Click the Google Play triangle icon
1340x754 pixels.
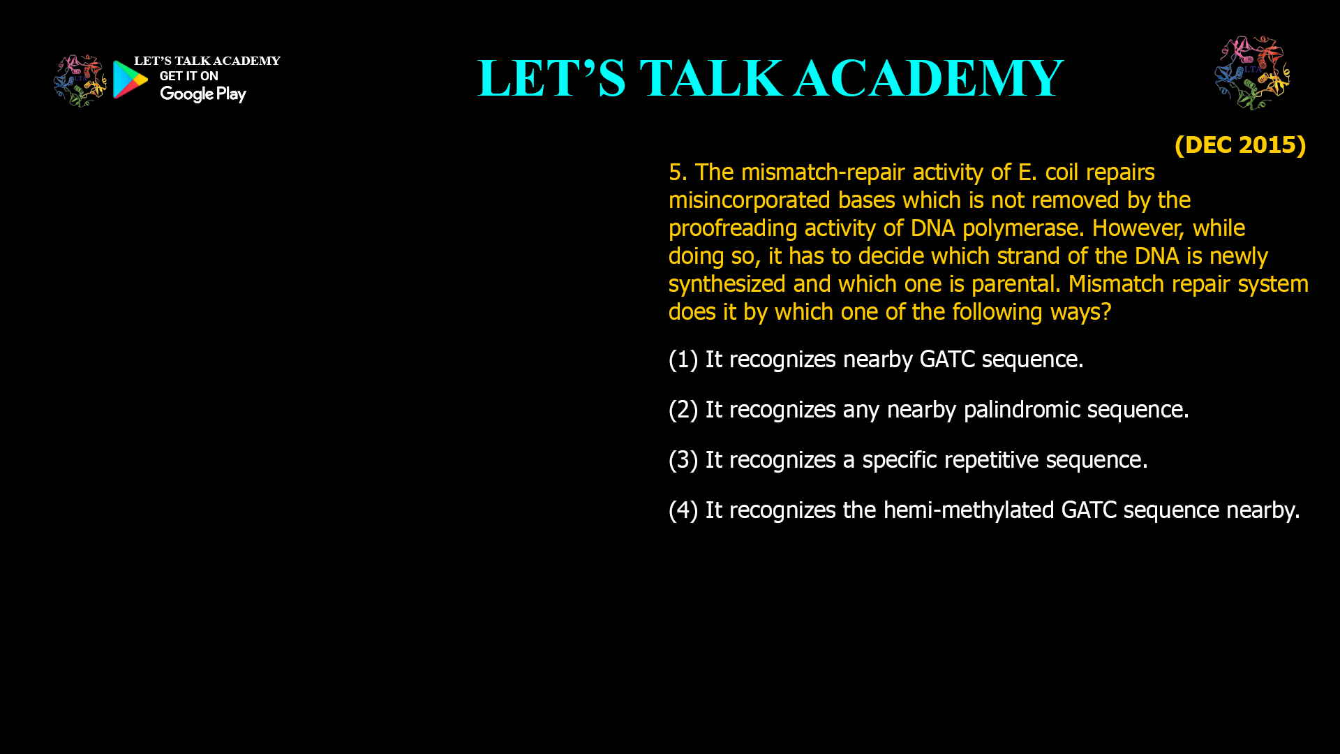coord(130,80)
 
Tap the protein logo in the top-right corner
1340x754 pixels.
coord(1252,73)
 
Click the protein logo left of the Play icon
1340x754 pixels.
coord(80,81)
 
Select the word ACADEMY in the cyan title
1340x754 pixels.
coord(928,78)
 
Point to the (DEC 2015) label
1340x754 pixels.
coord(1239,145)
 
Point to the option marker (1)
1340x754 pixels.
coord(683,360)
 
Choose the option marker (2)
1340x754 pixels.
coord(683,410)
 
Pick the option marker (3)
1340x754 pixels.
coord(683,460)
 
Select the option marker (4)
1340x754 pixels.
coord(683,510)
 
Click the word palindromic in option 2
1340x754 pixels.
coord(1022,410)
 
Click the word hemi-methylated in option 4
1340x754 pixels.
coord(969,510)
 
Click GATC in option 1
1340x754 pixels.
coord(947,360)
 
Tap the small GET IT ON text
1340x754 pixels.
coord(188,76)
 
